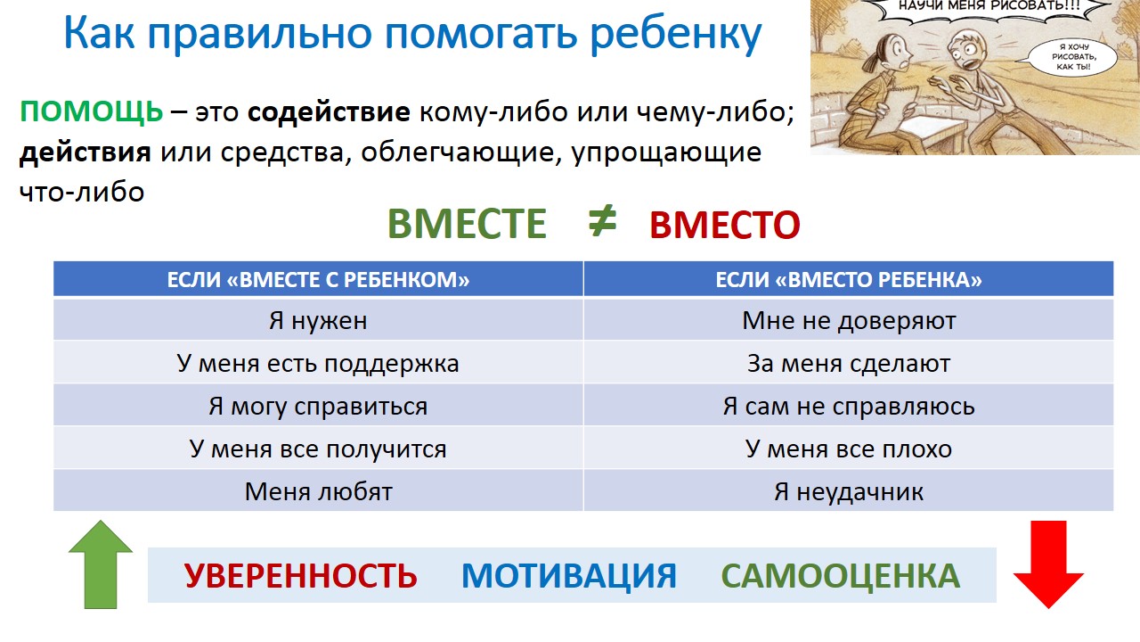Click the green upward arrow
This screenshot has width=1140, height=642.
pyautogui.click(x=101, y=564)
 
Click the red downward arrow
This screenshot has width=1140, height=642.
pyautogui.click(x=1048, y=564)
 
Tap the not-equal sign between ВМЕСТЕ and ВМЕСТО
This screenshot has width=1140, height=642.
pyautogui.click(x=602, y=221)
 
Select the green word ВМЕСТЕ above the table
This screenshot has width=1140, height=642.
pyautogui.click(x=467, y=224)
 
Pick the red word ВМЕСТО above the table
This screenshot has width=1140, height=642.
pyautogui.click(x=725, y=225)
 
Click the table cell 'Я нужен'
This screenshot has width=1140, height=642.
pyautogui.click(x=318, y=320)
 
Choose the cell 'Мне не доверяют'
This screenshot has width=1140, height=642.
pyautogui.click(x=849, y=320)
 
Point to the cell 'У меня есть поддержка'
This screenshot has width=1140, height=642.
pyautogui.click(x=318, y=363)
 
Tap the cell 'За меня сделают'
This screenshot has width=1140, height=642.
pyautogui.click(x=849, y=363)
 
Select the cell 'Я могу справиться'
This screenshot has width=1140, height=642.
pyautogui.click(x=318, y=406)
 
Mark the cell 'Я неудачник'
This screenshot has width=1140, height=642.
pyautogui.click(x=849, y=491)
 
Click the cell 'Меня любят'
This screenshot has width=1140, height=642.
pyautogui.click(x=318, y=491)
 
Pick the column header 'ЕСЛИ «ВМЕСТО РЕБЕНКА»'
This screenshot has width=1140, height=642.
pyautogui.click(x=849, y=279)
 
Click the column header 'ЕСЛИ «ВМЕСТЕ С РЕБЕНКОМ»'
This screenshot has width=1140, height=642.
pyautogui.click(x=318, y=279)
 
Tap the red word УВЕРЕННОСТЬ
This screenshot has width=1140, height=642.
pyautogui.click(x=300, y=576)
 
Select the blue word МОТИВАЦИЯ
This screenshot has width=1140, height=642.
pyautogui.click(x=569, y=576)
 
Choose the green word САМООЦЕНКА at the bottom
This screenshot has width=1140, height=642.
pyautogui.click(x=840, y=576)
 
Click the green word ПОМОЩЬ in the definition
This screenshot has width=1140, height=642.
pyautogui.click(x=91, y=111)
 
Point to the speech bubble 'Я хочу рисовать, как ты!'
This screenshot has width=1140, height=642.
pyautogui.click(x=1073, y=56)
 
